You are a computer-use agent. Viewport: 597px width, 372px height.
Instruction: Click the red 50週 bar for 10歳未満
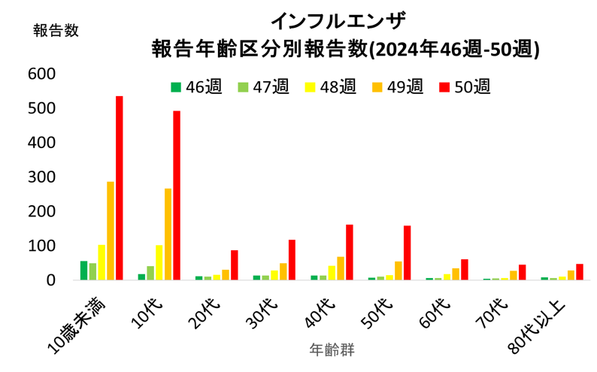point(119,188)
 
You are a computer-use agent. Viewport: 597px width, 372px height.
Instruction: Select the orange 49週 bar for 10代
point(168,234)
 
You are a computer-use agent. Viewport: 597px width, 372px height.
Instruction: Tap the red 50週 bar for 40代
point(349,252)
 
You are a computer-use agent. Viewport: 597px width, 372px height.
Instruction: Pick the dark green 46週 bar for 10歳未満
point(83,270)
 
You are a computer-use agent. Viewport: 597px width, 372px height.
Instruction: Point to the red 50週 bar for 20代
point(234,265)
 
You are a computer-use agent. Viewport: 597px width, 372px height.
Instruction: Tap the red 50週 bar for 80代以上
point(579,271)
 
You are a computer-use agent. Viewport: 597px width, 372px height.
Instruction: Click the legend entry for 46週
point(195,87)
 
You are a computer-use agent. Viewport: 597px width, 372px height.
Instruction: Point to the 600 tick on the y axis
point(42,74)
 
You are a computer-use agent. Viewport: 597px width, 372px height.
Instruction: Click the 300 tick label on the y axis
point(42,177)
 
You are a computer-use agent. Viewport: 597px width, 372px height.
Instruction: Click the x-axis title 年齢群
point(331,350)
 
